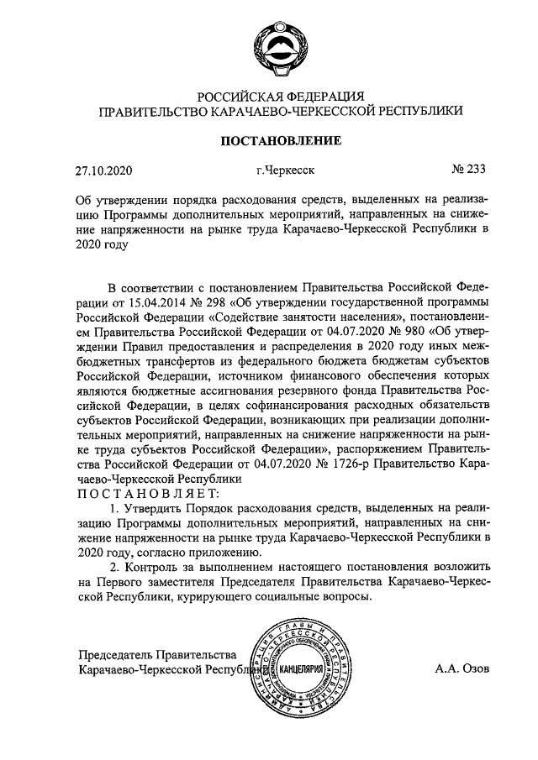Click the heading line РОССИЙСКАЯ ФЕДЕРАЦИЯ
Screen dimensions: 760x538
click(280, 95)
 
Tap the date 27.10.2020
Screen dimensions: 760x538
click(104, 171)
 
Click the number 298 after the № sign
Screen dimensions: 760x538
click(240, 301)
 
